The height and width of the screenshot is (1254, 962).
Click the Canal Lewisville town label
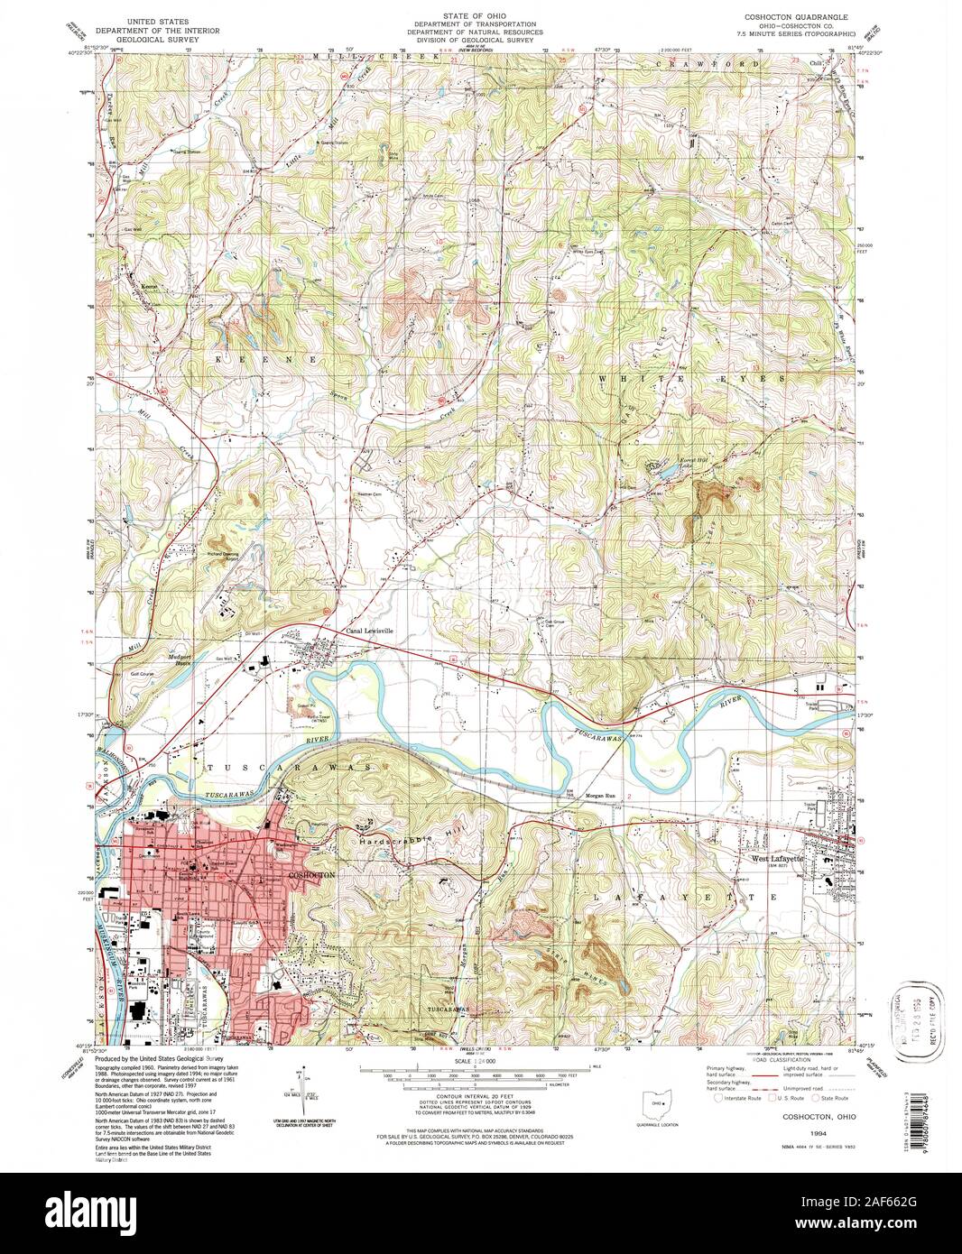370,632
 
